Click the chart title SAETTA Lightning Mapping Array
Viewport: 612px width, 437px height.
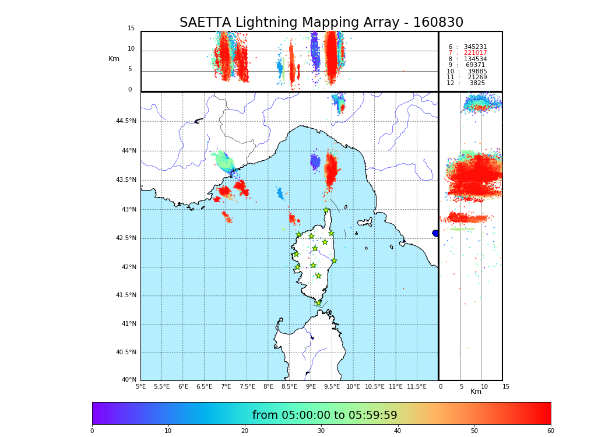(x=321, y=23)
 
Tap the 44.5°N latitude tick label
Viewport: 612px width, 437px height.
(x=126, y=121)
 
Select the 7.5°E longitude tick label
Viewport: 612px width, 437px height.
(x=248, y=386)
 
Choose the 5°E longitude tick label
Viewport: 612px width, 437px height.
(x=140, y=386)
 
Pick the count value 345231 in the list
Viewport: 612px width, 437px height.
(x=475, y=47)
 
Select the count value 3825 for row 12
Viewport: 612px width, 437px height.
(x=477, y=83)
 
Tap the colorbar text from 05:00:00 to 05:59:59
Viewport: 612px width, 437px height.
(x=325, y=415)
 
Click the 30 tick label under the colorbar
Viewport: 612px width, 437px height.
(x=321, y=431)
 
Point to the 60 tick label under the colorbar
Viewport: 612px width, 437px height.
(x=550, y=431)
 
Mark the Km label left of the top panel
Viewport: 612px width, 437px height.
(x=114, y=59)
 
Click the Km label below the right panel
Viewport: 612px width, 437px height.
(x=476, y=392)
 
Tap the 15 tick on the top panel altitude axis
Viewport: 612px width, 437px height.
(x=131, y=29)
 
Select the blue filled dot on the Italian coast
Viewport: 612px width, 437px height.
(x=435, y=233)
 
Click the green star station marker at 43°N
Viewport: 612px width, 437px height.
(x=326, y=210)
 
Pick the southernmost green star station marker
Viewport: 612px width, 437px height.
(x=318, y=303)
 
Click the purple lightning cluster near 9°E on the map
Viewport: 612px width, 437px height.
(x=315, y=161)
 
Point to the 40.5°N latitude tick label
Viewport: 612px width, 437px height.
(x=126, y=353)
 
